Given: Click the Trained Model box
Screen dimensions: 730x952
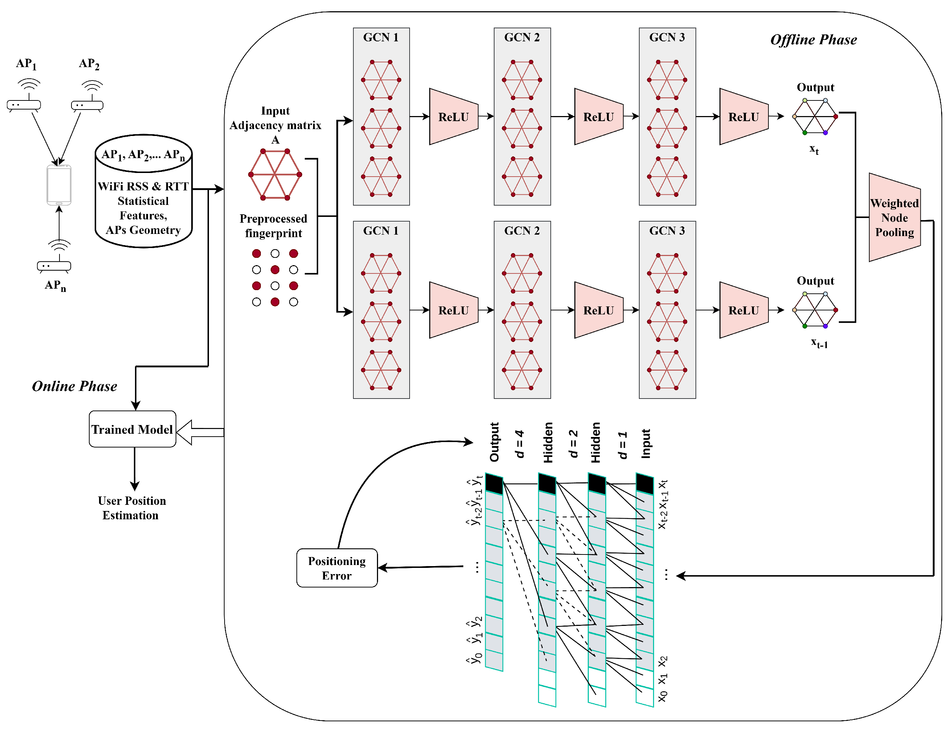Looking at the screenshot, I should pyautogui.click(x=132, y=429).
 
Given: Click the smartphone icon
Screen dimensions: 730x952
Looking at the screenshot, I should pyautogui.click(x=59, y=185).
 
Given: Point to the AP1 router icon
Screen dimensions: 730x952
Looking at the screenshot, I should pyautogui.click(x=24, y=103).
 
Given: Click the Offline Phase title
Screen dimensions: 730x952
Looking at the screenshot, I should pyautogui.click(x=813, y=40).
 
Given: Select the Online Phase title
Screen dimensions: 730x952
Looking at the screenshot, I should pyautogui.click(x=74, y=386).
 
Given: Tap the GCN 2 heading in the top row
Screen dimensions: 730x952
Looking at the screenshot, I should pyautogui.click(x=522, y=37).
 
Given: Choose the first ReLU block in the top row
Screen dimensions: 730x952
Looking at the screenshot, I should pyautogui.click(x=454, y=116).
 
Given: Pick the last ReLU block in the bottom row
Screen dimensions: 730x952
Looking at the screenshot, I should pyautogui.click(x=743, y=310).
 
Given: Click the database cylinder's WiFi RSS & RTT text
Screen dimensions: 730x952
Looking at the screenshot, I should pyautogui.click(x=143, y=186).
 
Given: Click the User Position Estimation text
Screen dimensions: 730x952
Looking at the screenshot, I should pyautogui.click(x=132, y=508).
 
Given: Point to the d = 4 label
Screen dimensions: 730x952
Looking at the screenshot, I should pyautogui.click(x=519, y=444).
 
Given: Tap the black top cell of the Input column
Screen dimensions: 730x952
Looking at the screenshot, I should pyautogui.click(x=644, y=484).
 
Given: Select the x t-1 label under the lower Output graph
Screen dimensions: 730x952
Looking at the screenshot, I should pyautogui.click(x=819, y=343).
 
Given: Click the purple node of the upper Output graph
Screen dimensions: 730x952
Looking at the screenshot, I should pyautogui.click(x=825, y=132).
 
